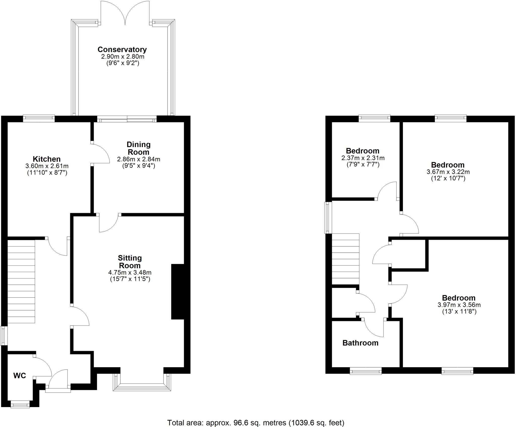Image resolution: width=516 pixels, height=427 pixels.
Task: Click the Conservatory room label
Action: [x=122, y=49]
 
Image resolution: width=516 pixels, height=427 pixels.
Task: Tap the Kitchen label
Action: [x=47, y=159]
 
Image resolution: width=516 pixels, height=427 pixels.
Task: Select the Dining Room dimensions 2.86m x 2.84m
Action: [x=139, y=159]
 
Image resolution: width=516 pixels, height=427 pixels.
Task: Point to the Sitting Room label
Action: [x=130, y=262]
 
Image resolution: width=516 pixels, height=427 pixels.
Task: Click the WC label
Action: [x=20, y=376]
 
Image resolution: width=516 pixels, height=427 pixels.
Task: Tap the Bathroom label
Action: [x=360, y=343]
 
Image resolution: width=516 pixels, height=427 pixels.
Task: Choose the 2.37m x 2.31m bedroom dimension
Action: [x=363, y=158]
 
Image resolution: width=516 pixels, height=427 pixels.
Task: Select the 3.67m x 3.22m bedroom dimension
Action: [x=448, y=172]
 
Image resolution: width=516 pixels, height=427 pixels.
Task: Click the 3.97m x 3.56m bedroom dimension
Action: [x=459, y=305]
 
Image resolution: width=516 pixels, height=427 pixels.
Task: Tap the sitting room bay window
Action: [x=142, y=385]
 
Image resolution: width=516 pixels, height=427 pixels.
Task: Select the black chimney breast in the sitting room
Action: [x=178, y=292]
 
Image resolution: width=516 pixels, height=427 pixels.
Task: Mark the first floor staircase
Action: [x=345, y=259]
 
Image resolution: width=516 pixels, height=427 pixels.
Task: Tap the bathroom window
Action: [x=366, y=371]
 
